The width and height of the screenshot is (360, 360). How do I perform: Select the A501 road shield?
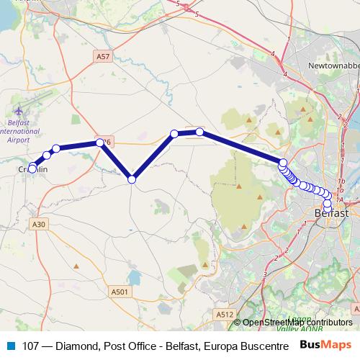[x=120, y=292]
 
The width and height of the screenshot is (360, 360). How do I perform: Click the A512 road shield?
[x=224, y=314]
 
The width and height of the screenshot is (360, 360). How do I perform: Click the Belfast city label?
[x=332, y=214]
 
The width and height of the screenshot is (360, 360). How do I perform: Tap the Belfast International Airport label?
[x=19, y=132]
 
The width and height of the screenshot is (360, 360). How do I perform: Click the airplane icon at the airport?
[x=19, y=112]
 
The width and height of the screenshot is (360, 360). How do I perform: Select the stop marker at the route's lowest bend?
[x=132, y=179]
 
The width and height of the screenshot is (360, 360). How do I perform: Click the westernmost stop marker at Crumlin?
[x=32, y=168]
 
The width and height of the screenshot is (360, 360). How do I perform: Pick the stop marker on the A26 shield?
[x=101, y=143]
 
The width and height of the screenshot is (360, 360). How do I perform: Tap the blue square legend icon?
[x=10, y=346]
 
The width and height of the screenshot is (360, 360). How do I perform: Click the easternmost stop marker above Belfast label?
[x=332, y=195]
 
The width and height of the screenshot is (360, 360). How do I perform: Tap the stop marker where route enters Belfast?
[x=283, y=163]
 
